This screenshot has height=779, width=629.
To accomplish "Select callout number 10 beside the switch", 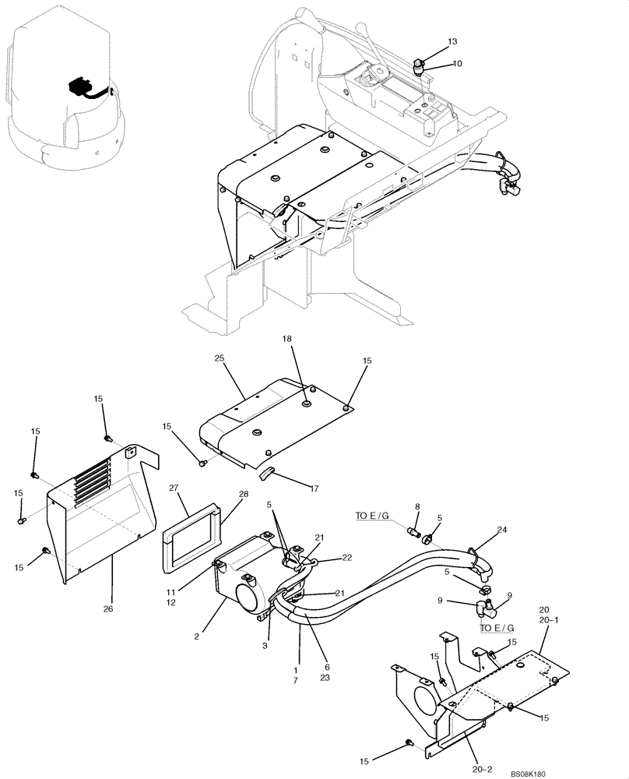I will (457, 63).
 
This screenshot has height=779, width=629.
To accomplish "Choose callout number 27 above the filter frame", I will (174, 489).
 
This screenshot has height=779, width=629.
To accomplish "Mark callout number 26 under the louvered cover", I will (108, 608).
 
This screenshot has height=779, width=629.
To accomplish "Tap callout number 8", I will (416, 506).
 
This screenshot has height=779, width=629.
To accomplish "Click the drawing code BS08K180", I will (528, 774).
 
